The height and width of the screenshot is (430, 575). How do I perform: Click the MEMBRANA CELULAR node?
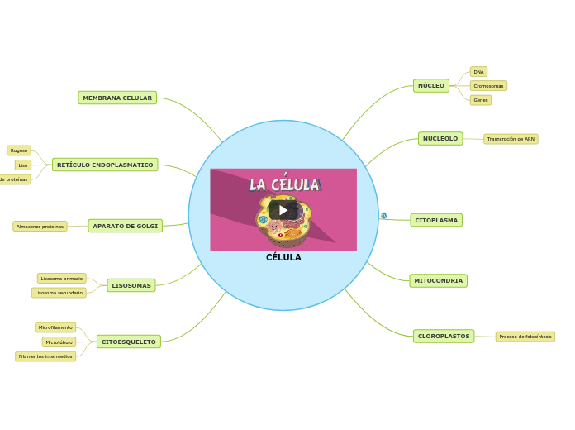pos(117,98)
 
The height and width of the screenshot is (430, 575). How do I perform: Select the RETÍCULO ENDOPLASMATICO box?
pos(105,165)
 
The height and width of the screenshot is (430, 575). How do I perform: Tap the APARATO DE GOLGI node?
pos(125,226)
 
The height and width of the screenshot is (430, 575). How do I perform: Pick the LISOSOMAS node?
pos(131,285)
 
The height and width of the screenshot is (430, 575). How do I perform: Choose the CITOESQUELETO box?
pos(128,342)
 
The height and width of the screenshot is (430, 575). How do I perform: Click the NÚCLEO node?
pos(430,85)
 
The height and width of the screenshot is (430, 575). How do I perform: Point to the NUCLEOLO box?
pos(440,139)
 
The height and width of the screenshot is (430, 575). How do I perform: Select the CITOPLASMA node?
pos(436,220)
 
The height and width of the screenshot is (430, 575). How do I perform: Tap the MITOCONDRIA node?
pos(438,281)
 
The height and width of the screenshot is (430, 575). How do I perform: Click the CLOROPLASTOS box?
pos(444,337)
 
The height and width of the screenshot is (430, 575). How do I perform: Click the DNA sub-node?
pos(478,72)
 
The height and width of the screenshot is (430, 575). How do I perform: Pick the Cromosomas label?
pos(488,86)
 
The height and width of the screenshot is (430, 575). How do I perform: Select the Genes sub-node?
pos(481,100)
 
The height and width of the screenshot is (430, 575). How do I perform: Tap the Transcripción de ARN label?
pos(511,139)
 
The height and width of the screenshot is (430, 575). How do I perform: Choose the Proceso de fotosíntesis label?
pos(525,337)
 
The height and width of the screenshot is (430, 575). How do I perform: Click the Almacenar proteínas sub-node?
pos(40,227)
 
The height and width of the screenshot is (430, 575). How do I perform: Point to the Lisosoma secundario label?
pos(59,293)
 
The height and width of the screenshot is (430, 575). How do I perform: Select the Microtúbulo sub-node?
pos(59,342)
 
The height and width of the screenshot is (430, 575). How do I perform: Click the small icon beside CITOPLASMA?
pos(384,216)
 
